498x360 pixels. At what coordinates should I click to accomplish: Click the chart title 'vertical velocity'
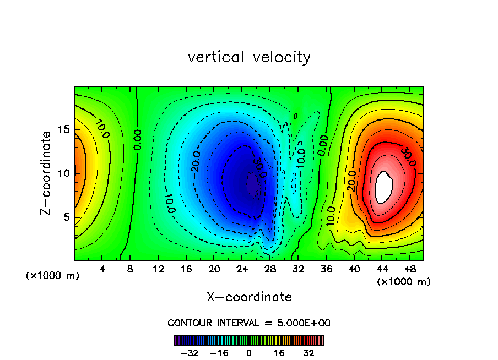coord(249,57)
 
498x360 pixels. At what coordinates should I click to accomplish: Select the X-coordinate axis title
coord(249,297)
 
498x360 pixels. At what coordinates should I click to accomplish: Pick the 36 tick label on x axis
coord(326,270)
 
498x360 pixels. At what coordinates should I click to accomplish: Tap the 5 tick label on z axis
coord(67,217)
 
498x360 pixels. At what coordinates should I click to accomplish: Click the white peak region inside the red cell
coord(384,186)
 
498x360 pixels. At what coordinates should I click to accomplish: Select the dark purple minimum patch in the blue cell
coord(253,185)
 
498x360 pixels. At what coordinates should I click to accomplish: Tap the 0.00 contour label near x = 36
coord(323,144)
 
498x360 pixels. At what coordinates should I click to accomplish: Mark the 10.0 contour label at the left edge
coord(101,130)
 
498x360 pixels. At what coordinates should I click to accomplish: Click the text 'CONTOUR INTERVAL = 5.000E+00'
coord(249,323)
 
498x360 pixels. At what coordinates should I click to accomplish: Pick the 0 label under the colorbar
coord(249,352)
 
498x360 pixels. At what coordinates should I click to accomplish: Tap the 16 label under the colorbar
coord(280,352)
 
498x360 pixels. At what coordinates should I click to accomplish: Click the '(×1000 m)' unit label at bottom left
coord(53,276)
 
